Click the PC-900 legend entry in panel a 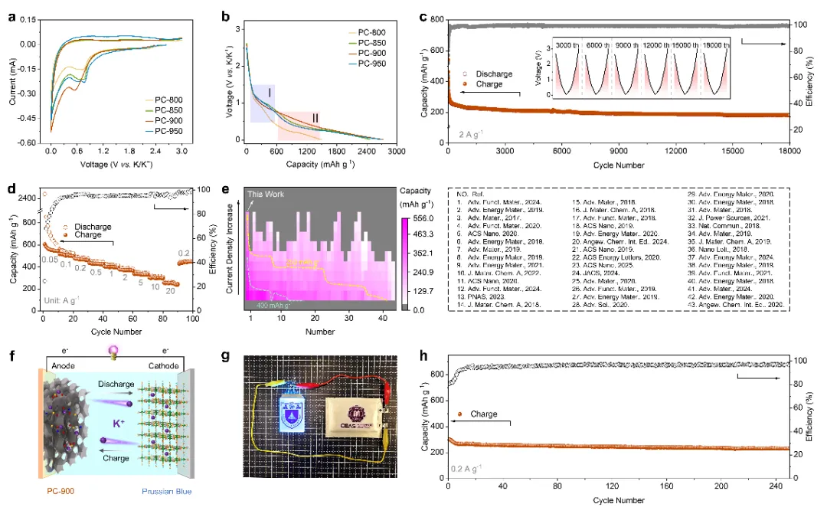click(x=171, y=121)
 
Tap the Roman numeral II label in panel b click(x=315, y=117)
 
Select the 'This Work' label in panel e click(x=266, y=195)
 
